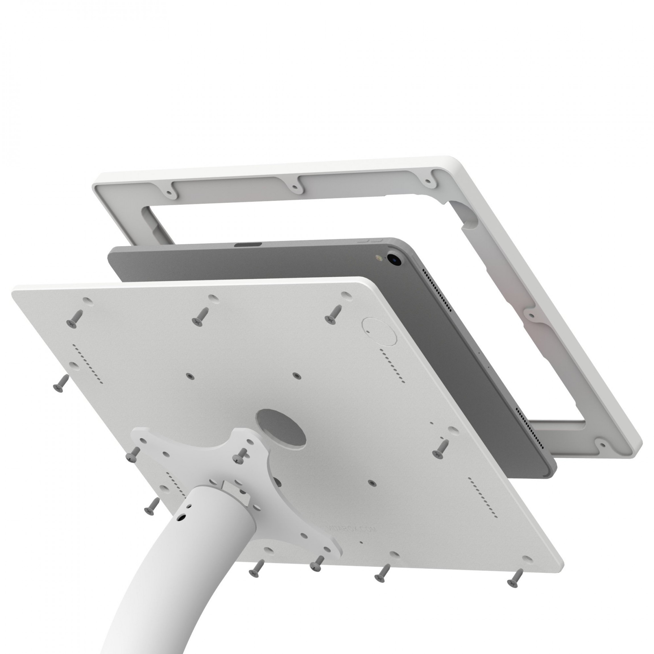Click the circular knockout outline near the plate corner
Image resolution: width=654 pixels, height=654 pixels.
(x=379, y=331)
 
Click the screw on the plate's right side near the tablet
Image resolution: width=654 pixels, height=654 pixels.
(x=441, y=448)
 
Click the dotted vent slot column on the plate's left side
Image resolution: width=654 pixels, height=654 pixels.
(x=88, y=364)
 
